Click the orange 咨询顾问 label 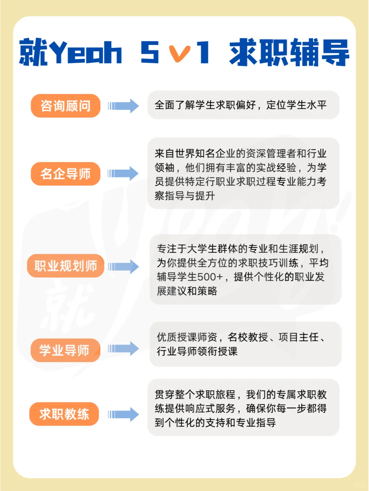66,106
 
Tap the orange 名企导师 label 66,174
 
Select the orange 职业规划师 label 66,266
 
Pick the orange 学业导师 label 65,350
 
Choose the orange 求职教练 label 64,414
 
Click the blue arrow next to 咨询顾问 124,106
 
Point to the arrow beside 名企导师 124,174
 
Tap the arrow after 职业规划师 124,267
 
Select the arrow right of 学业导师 124,348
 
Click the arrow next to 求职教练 124,414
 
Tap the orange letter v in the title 180,54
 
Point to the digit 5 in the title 150,52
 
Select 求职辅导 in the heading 289,52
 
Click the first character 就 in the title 33,52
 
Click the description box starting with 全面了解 243,105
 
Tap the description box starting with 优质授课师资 245,344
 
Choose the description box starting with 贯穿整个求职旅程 243,408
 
